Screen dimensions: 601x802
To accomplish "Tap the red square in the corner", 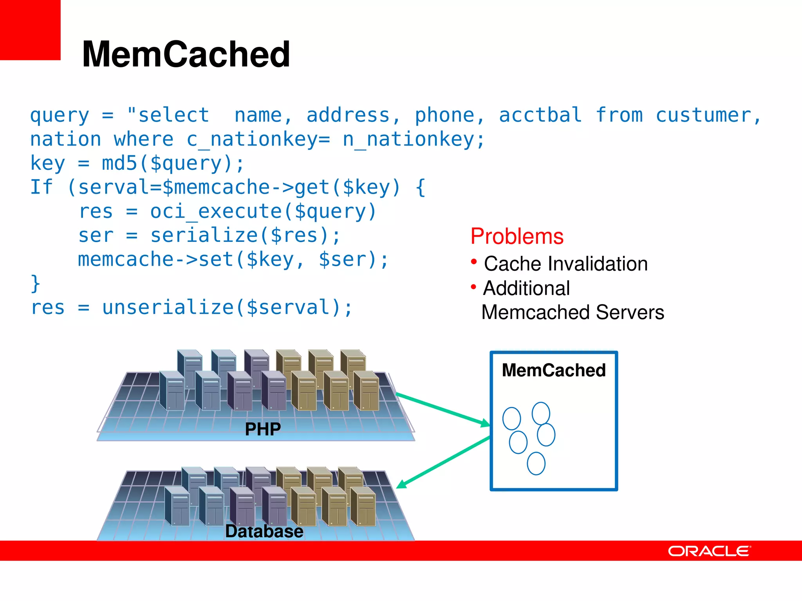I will point(30,30).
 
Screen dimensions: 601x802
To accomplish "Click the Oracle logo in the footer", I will point(709,551).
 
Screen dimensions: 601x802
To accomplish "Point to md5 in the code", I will point(119,164).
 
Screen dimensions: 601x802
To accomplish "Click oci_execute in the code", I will point(216,212).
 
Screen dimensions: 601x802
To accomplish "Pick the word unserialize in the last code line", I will point(168,308).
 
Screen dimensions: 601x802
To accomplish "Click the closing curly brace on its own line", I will point(35,283).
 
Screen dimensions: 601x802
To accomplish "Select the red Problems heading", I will point(517,236).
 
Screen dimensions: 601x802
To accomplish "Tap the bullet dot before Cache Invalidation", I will point(474,261).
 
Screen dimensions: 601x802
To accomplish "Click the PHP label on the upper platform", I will point(263,429).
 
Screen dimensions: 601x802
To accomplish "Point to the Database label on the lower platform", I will point(264,531).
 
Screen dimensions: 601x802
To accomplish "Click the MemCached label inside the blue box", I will point(553,370).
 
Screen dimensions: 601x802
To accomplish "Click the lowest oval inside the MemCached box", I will point(536,464).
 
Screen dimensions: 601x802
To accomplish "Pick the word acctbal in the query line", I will point(540,115).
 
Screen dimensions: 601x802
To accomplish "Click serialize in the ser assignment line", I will point(204,236).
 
